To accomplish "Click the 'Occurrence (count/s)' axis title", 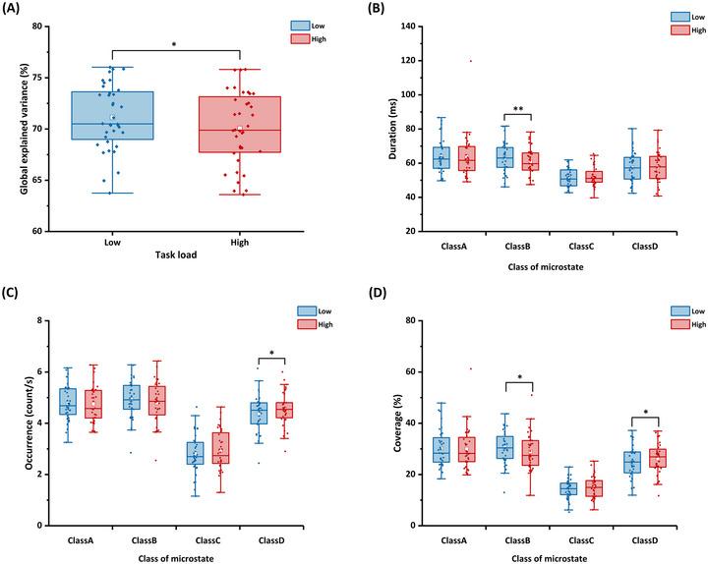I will point(29,423).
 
